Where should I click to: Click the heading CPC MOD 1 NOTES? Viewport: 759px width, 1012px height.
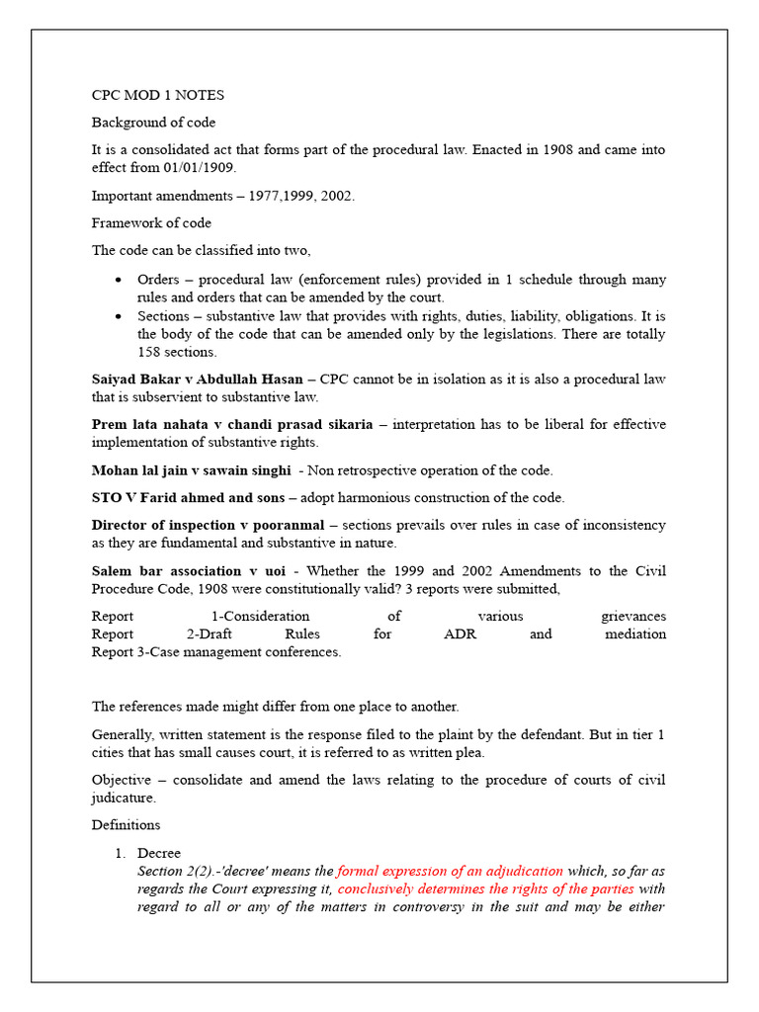pyautogui.click(x=158, y=96)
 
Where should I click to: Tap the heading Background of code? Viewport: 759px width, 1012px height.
pyautogui.click(x=153, y=123)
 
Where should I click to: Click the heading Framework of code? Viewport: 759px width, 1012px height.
pyautogui.click(x=151, y=223)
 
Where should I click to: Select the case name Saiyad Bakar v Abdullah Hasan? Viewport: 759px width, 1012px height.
pyautogui.click(x=198, y=379)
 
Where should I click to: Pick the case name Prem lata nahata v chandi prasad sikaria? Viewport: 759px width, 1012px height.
pyautogui.click(x=232, y=425)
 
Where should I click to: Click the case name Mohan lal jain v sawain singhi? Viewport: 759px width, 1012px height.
pyautogui.click(x=192, y=470)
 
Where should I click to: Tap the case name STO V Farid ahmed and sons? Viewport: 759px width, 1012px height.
pyautogui.click(x=188, y=497)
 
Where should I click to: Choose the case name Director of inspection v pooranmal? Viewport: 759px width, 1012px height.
pyautogui.click(x=208, y=525)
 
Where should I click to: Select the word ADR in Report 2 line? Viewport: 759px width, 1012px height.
pyautogui.click(x=461, y=634)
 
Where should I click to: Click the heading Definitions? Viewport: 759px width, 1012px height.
pyautogui.click(x=126, y=825)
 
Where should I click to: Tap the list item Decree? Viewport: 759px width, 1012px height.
pyautogui.click(x=159, y=853)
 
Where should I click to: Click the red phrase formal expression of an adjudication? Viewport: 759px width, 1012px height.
pyautogui.click(x=450, y=872)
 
